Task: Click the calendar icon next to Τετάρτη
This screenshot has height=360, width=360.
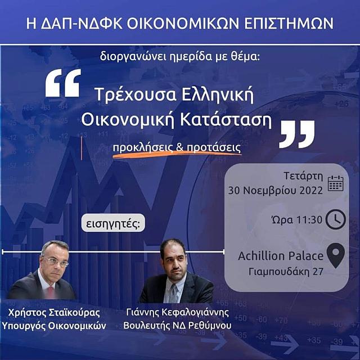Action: (335, 183)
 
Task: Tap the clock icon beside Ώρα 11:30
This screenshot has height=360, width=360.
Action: (335, 219)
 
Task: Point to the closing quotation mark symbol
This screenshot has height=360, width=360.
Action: (296, 134)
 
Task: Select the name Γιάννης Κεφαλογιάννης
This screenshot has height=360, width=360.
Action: (178, 313)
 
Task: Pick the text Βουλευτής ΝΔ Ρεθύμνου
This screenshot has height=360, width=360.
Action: (178, 326)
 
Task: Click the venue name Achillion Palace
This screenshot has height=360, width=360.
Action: (281, 256)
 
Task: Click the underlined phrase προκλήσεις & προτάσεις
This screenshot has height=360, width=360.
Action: (177, 148)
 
